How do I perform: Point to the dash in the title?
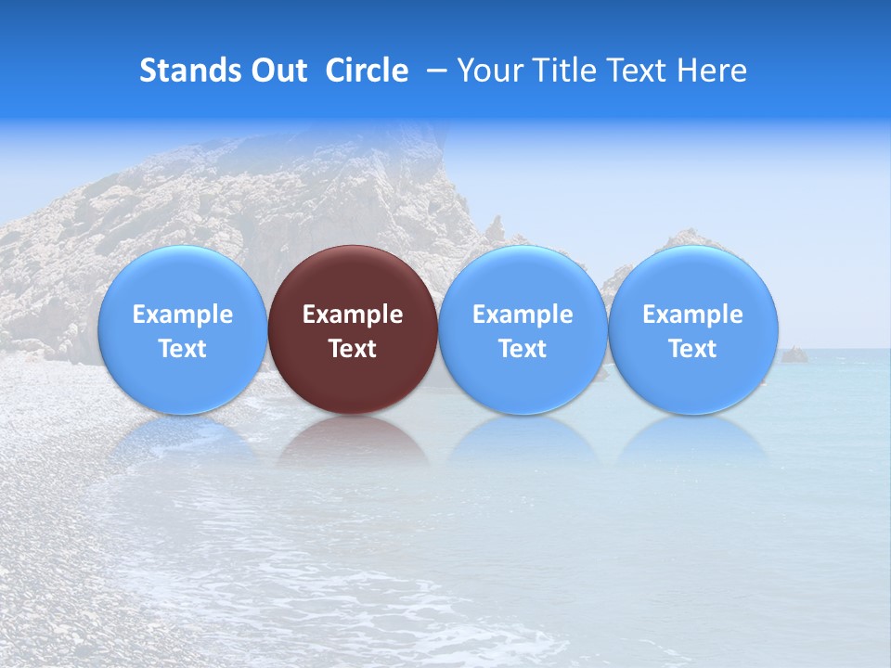436,71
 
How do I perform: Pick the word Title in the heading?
565,71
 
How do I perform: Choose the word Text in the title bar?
639,71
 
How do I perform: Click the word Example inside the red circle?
353,315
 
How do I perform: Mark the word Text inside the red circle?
353,349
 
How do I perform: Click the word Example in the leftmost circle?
183,315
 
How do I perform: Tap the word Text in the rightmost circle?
693,349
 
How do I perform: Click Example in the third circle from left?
523,315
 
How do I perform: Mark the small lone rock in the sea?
794,354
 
